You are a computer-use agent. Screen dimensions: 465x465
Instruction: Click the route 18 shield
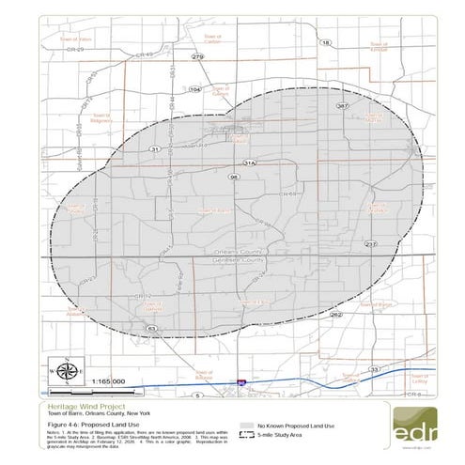(x=326, y=43)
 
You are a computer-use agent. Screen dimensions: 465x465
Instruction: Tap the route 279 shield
(x=197, y=57)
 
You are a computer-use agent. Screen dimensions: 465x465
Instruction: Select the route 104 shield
(x=195, y=88)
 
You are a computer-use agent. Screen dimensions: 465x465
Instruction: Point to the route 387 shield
(x=343, y=106)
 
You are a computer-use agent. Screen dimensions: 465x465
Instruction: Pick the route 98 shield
(x=233, y=177)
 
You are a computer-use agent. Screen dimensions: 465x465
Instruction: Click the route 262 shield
(x=336, y=315)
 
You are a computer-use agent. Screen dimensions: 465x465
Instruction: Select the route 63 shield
(x=151, y=328)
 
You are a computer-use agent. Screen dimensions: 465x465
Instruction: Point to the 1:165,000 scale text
(x=116, y=382)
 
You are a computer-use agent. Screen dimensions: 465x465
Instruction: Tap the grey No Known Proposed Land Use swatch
(x=248, y=426)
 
